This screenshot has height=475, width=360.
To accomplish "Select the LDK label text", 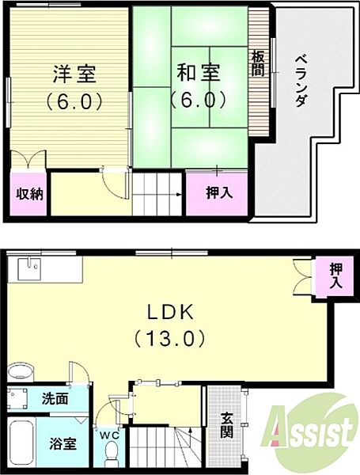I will pyautogui.click(x=169, y=310).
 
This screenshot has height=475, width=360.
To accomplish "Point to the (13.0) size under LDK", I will pyautogui.click(x=169, y=338).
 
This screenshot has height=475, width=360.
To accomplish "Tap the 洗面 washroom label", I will pyautogui.click(x=56, y=400).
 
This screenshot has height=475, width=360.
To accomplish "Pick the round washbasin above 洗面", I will pyautogui.click(x=23, y=371).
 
